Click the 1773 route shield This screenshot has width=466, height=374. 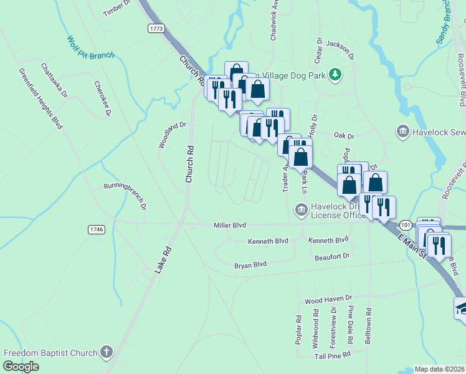coord(156,29)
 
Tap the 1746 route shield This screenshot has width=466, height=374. coord(97,229)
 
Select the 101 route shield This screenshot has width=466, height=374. coord(406,224)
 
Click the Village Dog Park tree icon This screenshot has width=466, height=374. coord(336,75)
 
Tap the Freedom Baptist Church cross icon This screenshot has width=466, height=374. coord(107,352)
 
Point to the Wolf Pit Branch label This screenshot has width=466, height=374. coord(91,48)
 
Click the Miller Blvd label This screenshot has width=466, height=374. coord(230,225)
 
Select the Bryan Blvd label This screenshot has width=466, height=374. coord(250,264)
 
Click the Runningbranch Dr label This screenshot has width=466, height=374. coord(125,195)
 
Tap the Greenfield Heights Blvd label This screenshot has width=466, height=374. coord(40,98)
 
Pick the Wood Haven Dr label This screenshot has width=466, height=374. coord(328,300)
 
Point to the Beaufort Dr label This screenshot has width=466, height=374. coord(332,256)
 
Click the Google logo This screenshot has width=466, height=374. coord(21,367)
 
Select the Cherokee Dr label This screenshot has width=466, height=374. coord(103,98)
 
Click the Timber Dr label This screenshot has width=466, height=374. coord(116,7)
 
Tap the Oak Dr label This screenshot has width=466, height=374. coord(343,135)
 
